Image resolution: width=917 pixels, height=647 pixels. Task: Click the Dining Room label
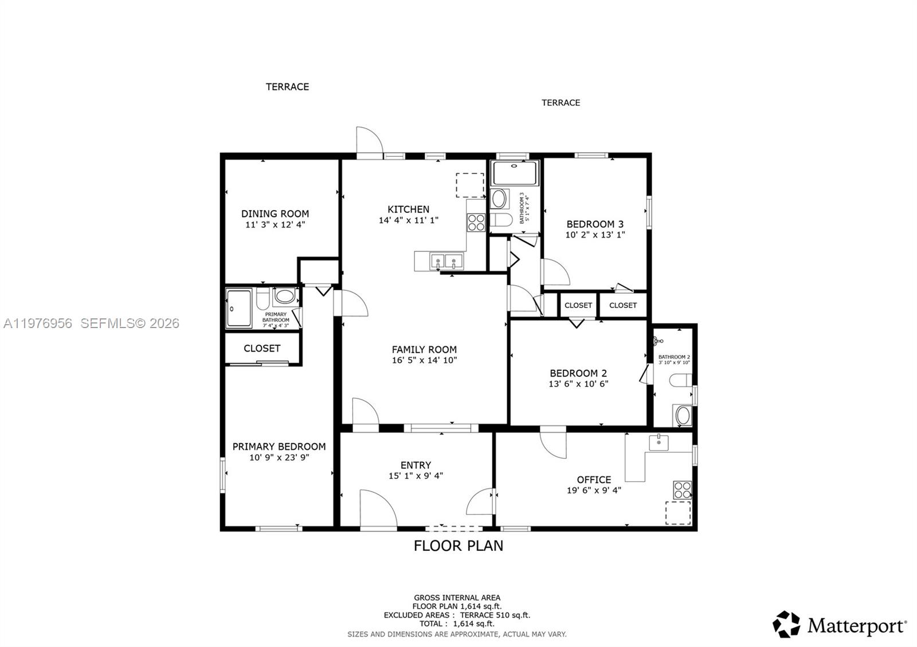(275, 214)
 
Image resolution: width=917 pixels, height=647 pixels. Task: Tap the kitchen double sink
(446, 262)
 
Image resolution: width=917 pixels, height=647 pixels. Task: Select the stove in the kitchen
(476, 222)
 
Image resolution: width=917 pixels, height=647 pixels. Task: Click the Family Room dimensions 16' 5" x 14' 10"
(424, 360)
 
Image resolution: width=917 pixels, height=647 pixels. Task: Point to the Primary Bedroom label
(279, 447)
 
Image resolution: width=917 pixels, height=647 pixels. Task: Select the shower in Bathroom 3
(515, 173)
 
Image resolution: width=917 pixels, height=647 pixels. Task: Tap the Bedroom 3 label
(595, 224)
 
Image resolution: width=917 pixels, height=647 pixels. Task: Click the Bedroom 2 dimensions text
(578, 384)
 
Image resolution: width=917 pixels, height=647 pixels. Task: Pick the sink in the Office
(659, 442)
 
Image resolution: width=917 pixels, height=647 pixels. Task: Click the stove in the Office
(682, 490)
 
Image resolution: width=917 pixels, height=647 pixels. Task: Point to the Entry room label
(416, 465)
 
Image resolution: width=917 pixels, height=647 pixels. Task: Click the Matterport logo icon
(786, 625)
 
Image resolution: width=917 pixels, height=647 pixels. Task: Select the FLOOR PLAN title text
(458, 546)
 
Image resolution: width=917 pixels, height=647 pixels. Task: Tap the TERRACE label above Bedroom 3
(561, 102)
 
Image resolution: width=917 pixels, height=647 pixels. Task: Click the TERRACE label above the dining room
(287, 86)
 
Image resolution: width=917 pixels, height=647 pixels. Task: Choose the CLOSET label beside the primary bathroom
(262, 348)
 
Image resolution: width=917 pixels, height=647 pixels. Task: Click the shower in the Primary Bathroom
(239, 309)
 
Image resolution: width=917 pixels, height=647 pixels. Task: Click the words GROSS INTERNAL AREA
(457, 598)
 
